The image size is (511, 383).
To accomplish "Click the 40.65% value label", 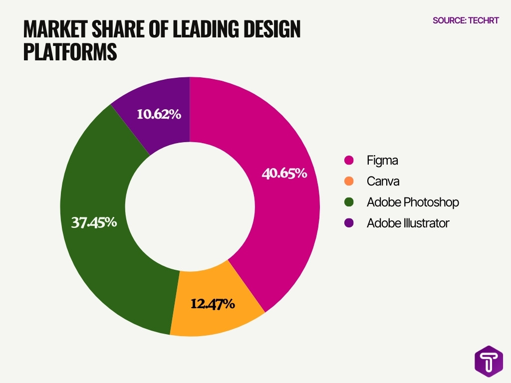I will [284, 174].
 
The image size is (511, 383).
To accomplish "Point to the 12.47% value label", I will [212, 303].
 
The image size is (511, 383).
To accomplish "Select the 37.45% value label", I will [94, 222].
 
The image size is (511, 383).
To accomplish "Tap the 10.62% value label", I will [159, 114].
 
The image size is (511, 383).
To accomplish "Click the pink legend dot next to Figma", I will [349, 161].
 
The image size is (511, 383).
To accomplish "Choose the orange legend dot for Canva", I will [349, 181].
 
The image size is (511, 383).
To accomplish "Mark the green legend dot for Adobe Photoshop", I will [349, 202].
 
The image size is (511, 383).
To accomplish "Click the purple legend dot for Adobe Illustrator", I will [349, 223].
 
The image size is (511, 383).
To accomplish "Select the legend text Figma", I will [382, 161].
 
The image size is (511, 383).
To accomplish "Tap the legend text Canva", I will [383, 181].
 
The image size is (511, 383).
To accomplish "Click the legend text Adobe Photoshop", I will [413, 202].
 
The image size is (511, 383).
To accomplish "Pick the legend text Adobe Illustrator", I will [408, 223].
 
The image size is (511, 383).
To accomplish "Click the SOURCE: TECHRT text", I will [465, 21].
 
